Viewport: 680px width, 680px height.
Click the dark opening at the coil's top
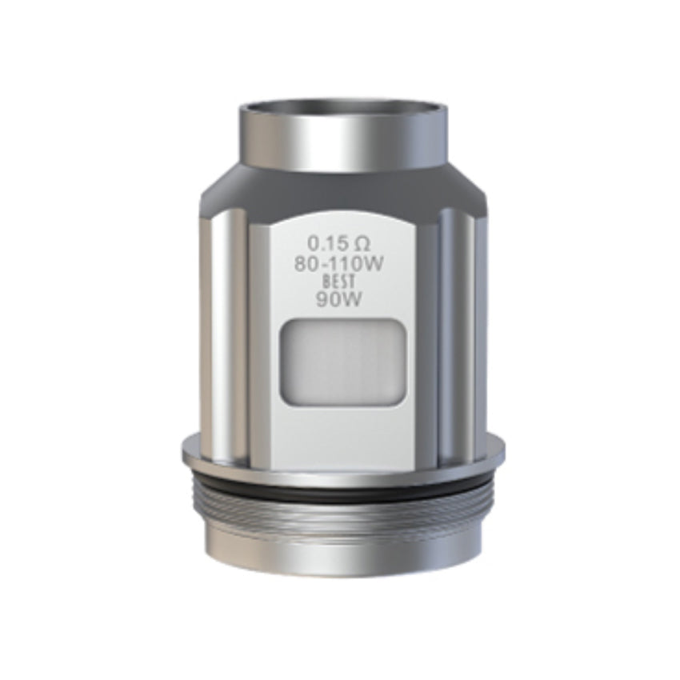coord(342,107)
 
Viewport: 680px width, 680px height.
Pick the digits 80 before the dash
coord(304,264)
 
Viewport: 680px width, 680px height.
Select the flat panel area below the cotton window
coord(342,424)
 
